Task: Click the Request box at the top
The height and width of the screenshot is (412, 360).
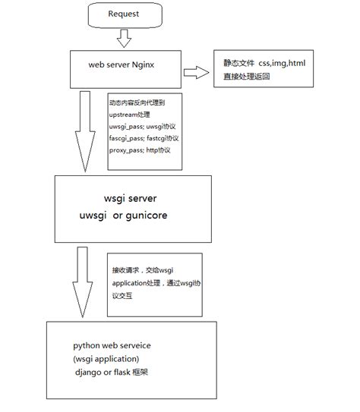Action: click(x=123, y=14)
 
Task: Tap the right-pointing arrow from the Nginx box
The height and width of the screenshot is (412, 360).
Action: click(x=196, y=72)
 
